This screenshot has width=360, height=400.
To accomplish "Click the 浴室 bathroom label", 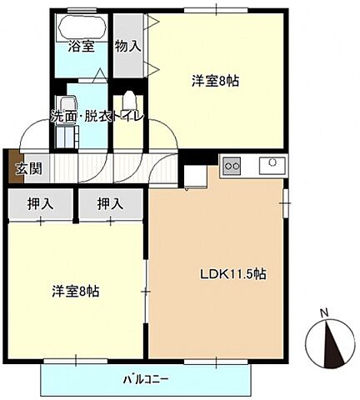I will [x=80, y=47].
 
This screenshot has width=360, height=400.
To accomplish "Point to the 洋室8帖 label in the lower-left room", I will [x=73, y=292].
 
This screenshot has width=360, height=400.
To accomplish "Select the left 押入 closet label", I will [x=37, y=202].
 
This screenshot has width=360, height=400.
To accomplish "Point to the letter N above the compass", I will [x=325, y=313].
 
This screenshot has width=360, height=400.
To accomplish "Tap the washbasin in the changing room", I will [x=66, y=104].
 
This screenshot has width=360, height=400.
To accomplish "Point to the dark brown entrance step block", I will [x=11, y=166].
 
